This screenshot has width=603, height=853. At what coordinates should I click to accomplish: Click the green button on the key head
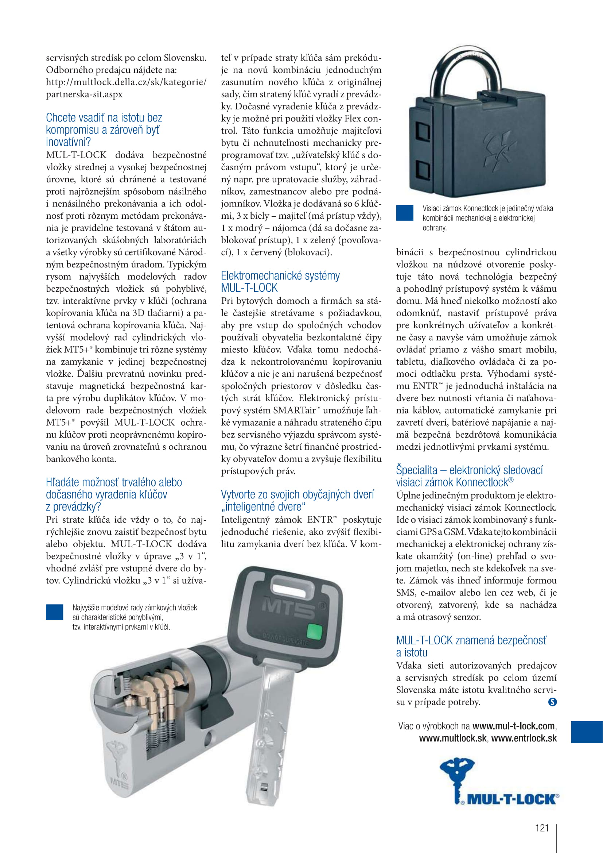pos(315,631)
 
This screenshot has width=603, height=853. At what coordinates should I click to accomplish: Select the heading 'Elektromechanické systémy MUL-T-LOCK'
pos(280,282)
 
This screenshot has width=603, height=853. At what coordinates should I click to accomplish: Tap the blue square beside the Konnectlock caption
pos(404,213)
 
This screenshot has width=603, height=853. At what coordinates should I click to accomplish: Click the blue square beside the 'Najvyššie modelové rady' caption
pos(54,612)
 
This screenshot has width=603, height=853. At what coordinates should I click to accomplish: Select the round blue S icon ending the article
pos(552,702)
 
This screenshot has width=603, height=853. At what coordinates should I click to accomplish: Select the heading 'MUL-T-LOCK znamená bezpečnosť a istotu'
pos(471,646)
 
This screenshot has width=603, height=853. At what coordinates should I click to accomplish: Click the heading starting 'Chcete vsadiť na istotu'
pos(104,130)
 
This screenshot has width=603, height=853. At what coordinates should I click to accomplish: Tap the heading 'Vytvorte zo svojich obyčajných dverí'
pos(297,500)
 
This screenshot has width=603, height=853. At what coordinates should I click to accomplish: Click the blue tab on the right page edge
pos(587,732)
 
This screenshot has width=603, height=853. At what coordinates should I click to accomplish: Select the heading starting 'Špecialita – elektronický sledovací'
pos(469,476)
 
